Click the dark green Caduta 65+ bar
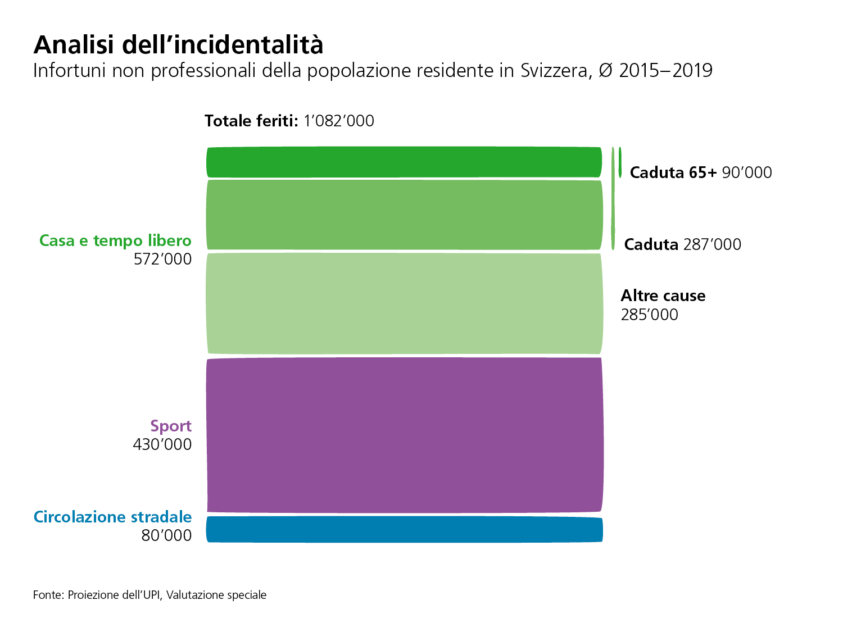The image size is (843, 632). click(405, 162)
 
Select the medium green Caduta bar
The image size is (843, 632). click(405, 215)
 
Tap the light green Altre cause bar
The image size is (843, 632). click(405, 304)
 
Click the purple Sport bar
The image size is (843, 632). click(405, 435)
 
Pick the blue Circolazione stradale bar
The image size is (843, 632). click(405, 529)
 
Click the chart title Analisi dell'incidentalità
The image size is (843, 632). click(179, 44)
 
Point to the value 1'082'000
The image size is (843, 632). click(339, 121)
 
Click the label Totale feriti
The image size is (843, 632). click(251, 121)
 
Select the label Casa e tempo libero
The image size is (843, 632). click(115, 240)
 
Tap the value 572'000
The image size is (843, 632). click(162, 259)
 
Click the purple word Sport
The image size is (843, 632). click(171, 426)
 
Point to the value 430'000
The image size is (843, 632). click(162, 444)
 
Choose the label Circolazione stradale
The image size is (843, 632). click(112, 517)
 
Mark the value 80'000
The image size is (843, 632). click(166, 535)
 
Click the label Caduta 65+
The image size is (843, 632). click(673, 172)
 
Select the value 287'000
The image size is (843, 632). click(712, 244)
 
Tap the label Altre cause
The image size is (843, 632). click(663, 295)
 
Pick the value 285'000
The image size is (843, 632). click(649, 315)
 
